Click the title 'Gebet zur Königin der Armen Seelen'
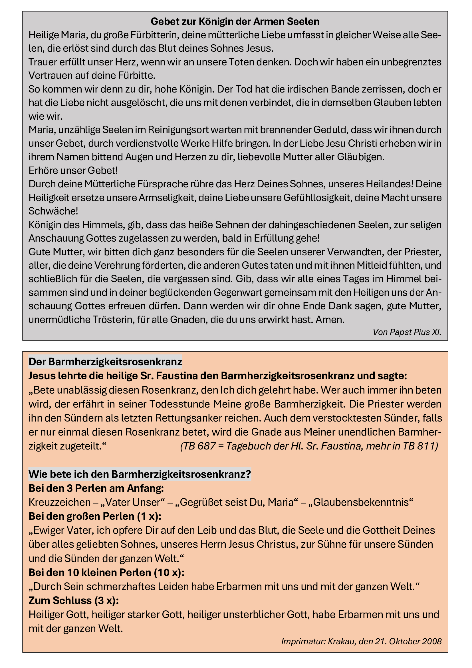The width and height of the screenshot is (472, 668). click(x=235, y=21)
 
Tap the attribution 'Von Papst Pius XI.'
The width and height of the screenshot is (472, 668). click(x=407, y=332)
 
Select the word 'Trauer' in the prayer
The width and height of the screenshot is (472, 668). click(x=43, y=62)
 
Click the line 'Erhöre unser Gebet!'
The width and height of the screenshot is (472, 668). click(x=73, y=170)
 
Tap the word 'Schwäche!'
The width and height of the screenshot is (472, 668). click(x=53, y=211)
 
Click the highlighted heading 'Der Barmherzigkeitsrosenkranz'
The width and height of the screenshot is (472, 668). click(x=105, y=362)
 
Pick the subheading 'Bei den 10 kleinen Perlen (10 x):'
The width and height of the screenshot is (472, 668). click(x=106, y=572)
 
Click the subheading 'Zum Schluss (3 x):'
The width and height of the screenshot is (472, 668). click(x=74, y=600)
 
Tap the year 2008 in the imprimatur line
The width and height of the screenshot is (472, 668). click(x=431, y=641)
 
